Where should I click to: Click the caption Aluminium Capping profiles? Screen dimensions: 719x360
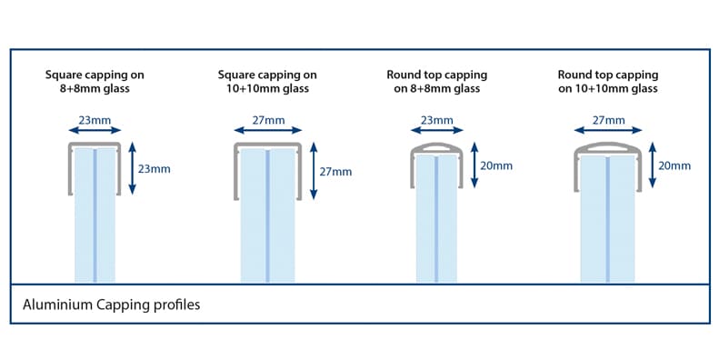(111, 305)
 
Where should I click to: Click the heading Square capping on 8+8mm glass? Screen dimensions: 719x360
(95, 81)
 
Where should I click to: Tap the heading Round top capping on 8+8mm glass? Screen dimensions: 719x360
(436, 81)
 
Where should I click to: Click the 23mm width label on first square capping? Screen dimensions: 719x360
(95, 119)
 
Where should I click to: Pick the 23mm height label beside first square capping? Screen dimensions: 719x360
(154, 168)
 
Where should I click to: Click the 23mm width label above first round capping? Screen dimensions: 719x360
(436, 119)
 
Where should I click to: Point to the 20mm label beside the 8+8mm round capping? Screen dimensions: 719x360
(496, 166)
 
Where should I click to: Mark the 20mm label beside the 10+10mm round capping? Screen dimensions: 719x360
(674, 166)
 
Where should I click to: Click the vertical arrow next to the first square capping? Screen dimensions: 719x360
(132, 168)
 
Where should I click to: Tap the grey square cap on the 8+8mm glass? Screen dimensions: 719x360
(95, 145)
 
